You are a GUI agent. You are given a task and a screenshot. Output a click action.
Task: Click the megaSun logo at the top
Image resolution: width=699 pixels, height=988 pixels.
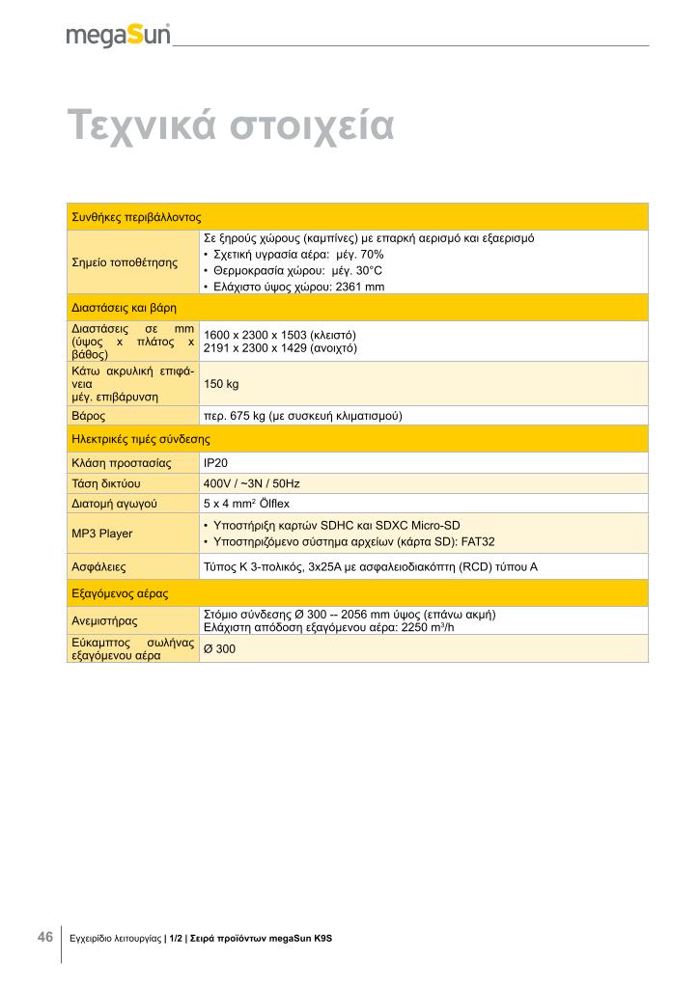118,35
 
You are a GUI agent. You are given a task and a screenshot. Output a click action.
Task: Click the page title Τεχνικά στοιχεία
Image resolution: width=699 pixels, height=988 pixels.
231,125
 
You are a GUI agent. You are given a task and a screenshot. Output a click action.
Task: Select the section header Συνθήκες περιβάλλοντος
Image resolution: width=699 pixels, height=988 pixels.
135,217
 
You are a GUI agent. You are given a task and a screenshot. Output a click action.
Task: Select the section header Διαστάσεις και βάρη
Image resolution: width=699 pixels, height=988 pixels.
126,308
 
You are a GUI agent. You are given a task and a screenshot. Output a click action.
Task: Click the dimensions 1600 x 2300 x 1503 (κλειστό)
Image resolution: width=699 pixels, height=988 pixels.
280,335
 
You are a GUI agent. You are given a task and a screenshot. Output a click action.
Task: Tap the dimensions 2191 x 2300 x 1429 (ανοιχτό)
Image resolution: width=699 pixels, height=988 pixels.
281,347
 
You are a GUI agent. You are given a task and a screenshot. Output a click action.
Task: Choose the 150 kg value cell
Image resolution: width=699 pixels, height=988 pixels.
221,384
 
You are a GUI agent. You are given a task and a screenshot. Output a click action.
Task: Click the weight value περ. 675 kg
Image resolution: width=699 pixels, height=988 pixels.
301,416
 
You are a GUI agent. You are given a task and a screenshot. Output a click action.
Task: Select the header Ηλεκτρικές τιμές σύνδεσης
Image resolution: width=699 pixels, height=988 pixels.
141,439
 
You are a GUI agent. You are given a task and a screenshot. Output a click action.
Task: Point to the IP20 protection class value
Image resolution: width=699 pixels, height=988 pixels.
215,462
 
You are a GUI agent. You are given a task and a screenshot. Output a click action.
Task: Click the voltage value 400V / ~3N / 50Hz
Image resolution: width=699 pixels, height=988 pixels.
252,482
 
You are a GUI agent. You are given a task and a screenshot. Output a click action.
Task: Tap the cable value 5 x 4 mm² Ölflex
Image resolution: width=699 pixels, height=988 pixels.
252,503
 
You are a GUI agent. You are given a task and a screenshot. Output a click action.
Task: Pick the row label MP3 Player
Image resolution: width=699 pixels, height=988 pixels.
102,533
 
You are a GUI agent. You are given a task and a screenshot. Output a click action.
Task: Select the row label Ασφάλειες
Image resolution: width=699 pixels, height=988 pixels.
100,566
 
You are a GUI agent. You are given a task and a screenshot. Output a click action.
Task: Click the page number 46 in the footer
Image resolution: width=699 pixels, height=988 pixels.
44,938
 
